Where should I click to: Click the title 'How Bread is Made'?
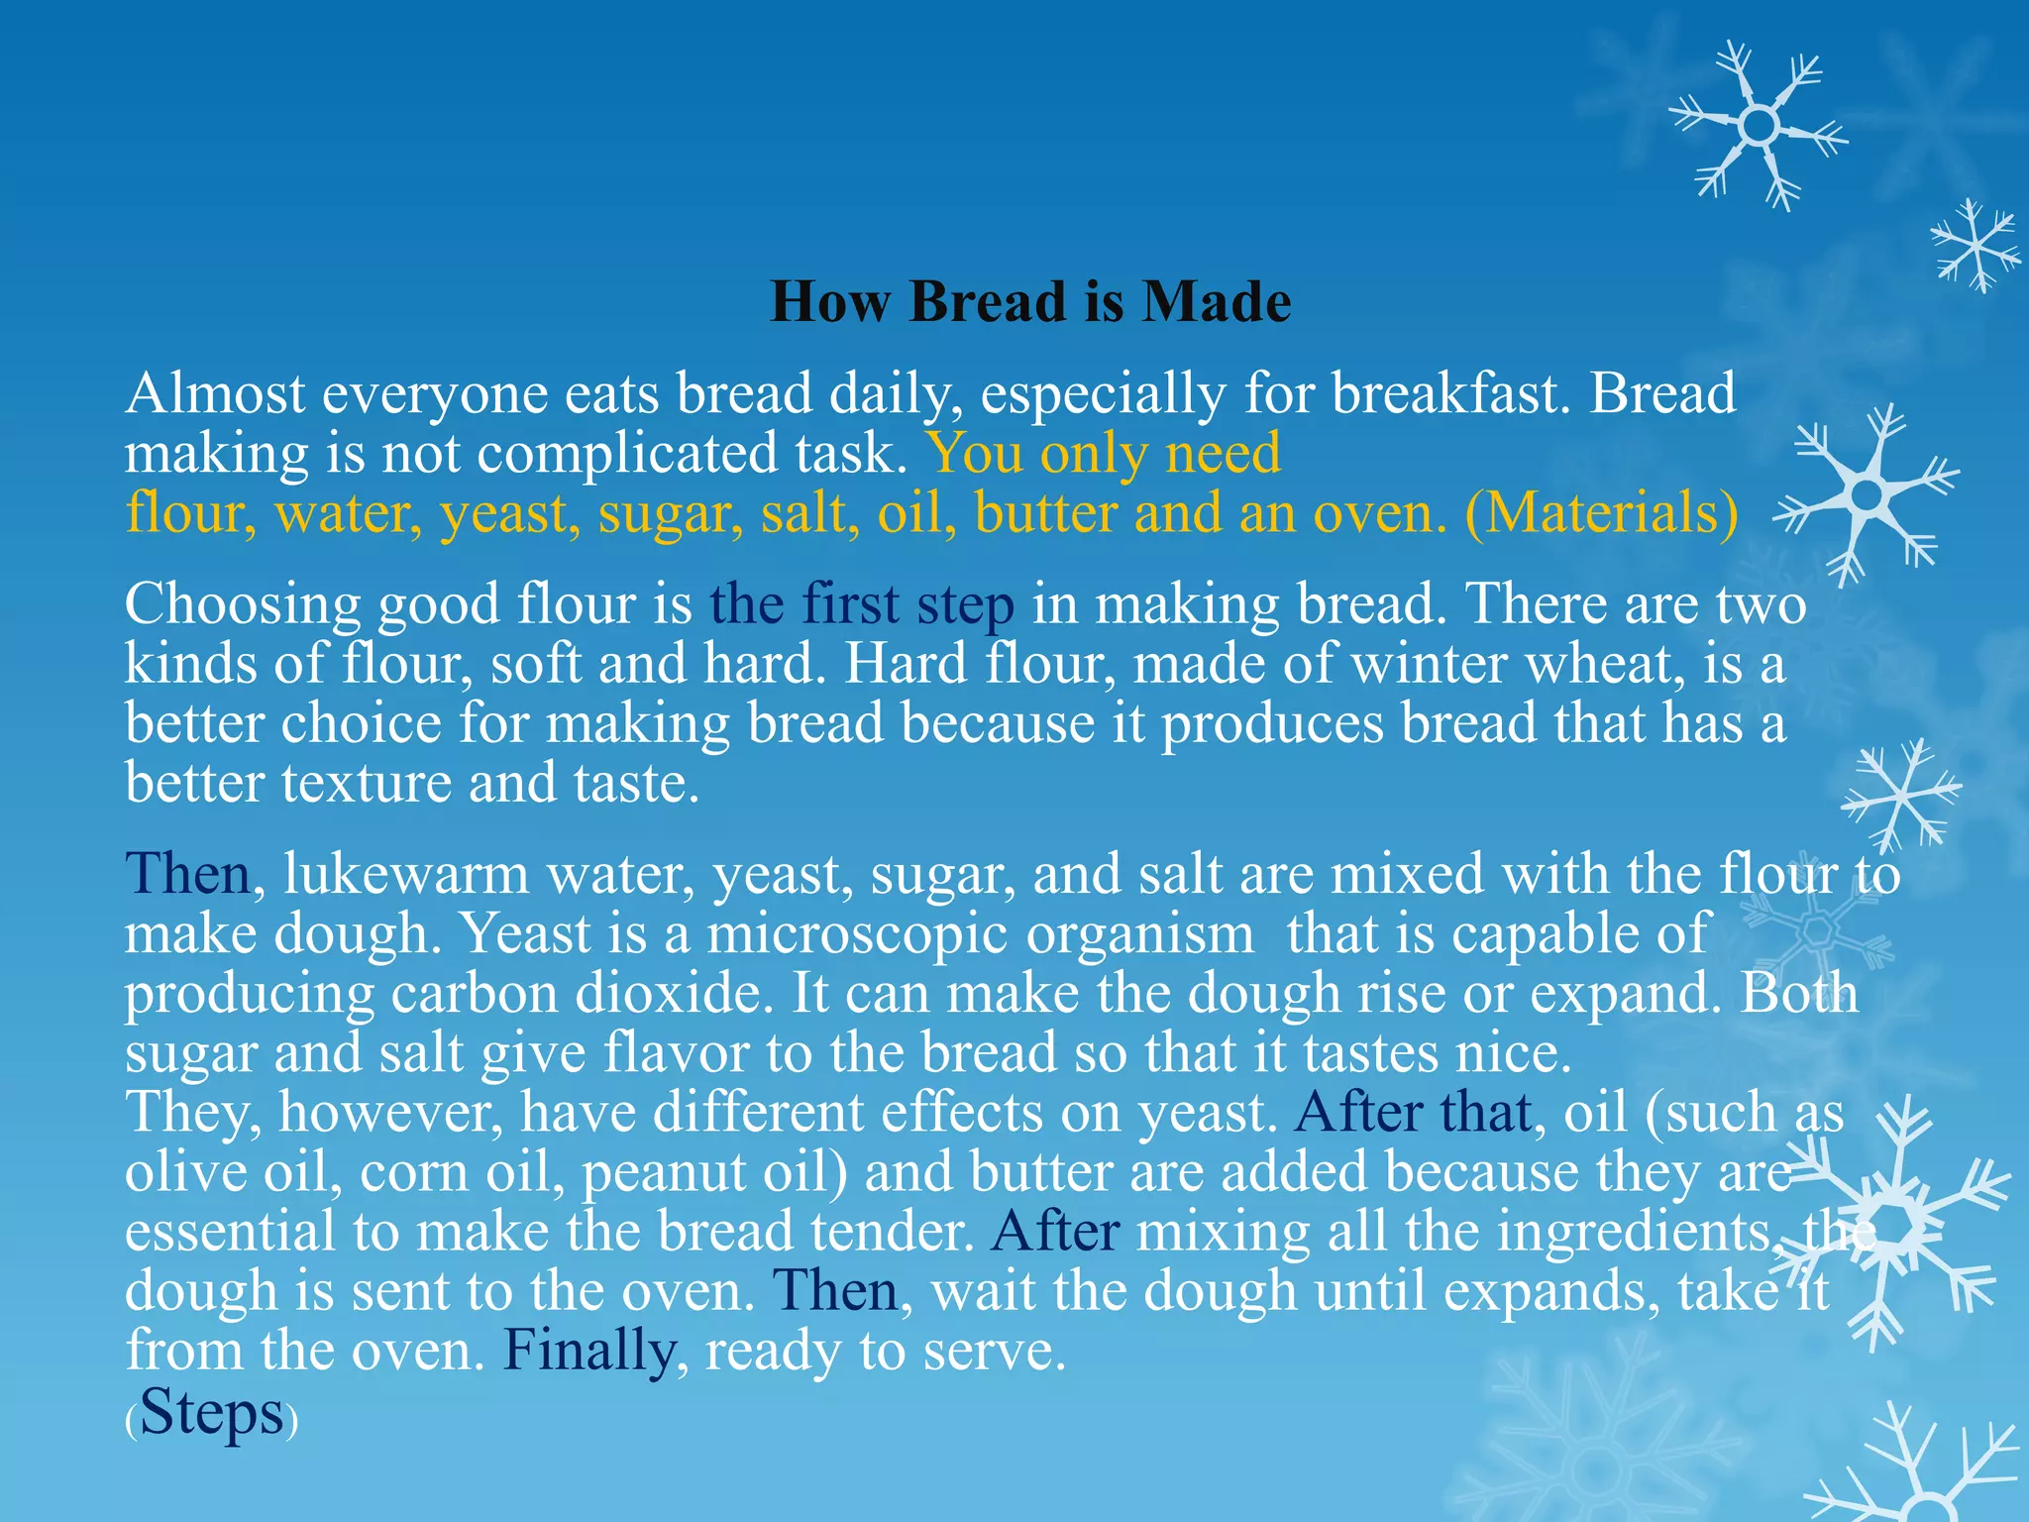1030,301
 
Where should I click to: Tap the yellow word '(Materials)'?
1602,513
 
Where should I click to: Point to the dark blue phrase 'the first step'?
862,604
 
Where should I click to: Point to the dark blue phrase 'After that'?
1413,1112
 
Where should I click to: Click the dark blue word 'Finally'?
589,1351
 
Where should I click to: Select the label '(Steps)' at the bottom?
211,1413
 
